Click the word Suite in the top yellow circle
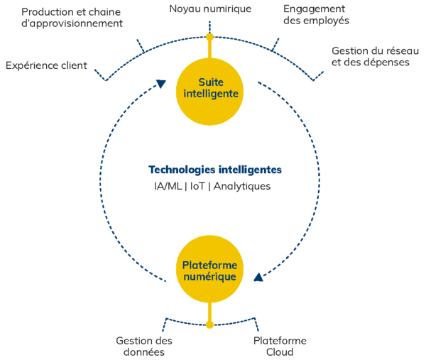(209, 81)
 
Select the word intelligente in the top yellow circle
(209, 94)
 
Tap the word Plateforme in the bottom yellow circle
(209, 264)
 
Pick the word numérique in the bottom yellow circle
(209, 277)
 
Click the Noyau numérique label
(209, 9)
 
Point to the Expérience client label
(46, 65)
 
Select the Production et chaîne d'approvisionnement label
(71, 17)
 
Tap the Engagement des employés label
(316, 14)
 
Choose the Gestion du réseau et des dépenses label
(371, 56)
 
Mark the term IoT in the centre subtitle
(200, 187)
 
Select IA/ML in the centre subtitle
(168, 187)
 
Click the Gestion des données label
(144, 346)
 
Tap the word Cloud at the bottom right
(280, 351)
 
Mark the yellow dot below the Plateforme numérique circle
(209, 325)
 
